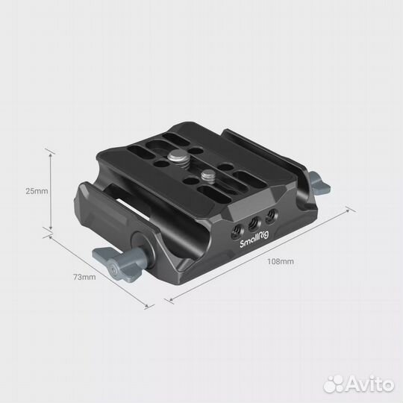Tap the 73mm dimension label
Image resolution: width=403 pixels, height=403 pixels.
[x=84, y=277]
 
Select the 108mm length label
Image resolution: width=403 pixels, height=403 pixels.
[x=283, y=262]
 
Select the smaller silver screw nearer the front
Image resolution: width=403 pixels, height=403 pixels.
[x=206, y=178]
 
